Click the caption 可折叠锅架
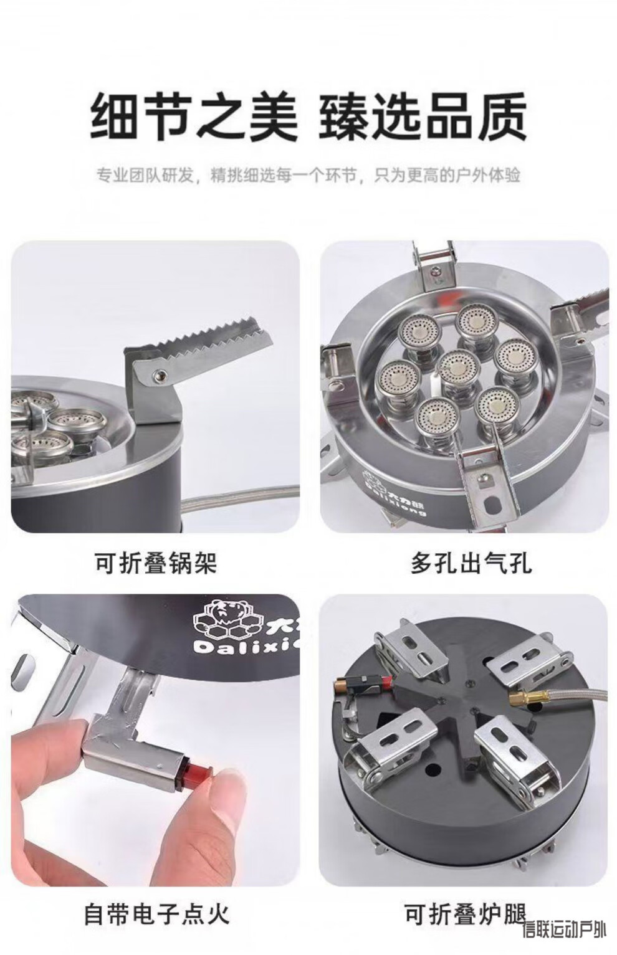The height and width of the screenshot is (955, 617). point(155,563)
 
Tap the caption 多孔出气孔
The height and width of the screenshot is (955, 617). point(471,563)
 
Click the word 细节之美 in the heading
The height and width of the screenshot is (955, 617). point(194,117)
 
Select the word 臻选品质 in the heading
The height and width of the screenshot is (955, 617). point(423,117)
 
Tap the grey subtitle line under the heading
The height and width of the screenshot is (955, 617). point(308,175)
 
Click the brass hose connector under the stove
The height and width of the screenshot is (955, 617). point(526,698)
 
